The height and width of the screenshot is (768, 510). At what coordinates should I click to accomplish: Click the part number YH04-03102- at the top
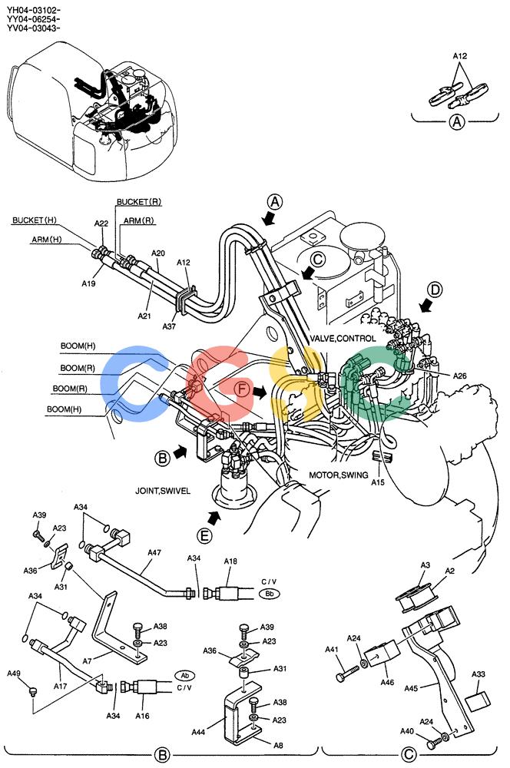[x=33, y=10]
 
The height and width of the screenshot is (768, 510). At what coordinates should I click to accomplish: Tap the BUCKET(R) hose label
[x=139, y=202]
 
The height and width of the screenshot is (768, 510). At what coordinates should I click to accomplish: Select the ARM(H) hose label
[x=47, y=240]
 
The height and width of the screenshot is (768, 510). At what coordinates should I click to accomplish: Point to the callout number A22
[x=101, y=223]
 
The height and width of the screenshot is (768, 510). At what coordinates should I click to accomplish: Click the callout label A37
[x=169, y=326]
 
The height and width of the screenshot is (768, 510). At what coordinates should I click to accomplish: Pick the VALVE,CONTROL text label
[x=343, y=339]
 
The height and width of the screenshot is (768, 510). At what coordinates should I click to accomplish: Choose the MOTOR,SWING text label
[x=339, y=475]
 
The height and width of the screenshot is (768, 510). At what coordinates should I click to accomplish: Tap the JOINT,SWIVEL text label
[x=163, y=491]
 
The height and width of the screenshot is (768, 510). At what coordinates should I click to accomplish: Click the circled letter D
[x=435, y=290]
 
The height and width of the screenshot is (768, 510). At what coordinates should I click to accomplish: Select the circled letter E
[x=204, y=536]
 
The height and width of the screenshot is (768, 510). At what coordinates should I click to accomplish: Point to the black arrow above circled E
[x=214, y=517]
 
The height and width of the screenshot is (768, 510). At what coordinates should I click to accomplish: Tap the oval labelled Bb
[x=269, y=594]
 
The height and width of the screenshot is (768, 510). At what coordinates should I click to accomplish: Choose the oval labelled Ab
[x=184, y=676]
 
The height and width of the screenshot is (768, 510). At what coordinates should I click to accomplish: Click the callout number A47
[x=154, y=552]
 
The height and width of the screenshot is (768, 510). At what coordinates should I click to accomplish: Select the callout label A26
[x=459, y=376]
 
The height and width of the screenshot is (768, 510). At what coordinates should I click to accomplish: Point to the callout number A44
[x=198, y=732]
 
